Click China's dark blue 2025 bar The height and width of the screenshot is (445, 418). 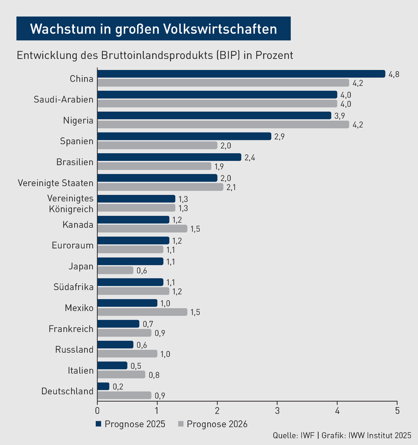tap(241, 74)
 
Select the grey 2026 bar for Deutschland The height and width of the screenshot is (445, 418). tap(124, 395)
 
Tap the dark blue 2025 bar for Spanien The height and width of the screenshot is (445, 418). tap(184, 136)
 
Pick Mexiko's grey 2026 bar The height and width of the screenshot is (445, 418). tap(142, 312)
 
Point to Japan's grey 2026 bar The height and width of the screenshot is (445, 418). tap(115, 270)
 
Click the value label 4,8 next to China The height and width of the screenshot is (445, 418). tap(394, 74)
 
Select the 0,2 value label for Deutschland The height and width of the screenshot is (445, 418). tap(118, 387)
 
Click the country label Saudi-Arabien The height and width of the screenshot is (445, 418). tap(64, 99)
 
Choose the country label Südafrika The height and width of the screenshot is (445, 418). tap(73, 287)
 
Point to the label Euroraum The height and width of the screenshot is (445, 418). tap(73, 245)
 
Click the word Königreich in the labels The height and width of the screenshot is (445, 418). tap(71, 208)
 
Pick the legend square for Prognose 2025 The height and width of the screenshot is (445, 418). tap(99, 424)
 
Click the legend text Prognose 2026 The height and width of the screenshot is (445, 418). tap(217, 424)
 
